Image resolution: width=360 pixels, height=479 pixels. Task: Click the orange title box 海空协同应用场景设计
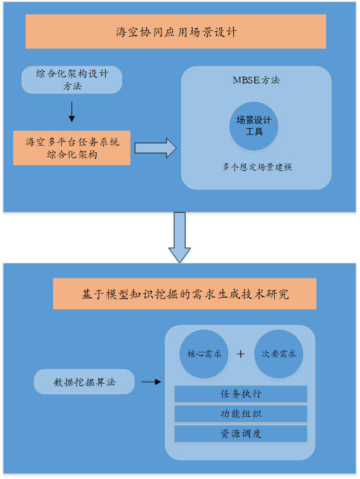click(176, 31)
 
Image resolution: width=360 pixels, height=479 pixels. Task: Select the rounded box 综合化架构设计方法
click(72, 80)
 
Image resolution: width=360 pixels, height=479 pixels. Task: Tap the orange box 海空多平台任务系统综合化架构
click(72, 148)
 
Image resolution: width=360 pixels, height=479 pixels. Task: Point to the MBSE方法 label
click(256, 80)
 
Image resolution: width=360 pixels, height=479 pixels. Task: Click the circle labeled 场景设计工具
click(254, 126)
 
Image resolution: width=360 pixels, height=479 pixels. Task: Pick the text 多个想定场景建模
click(257, 167)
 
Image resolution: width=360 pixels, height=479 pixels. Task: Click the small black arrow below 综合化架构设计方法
click(72, 112)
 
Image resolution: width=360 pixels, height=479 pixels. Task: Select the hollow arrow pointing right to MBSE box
click(156, 148)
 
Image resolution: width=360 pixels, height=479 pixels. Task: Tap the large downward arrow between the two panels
click(179, 237)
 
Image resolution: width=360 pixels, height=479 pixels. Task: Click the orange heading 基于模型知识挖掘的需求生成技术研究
click(185, 294)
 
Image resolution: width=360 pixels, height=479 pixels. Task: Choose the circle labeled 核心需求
click(204, 354)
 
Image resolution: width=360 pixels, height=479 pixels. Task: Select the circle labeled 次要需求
click(278, 354)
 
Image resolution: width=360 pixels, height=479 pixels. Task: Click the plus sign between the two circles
click(240, 354)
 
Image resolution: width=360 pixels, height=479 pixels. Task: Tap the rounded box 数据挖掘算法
click(84, 382)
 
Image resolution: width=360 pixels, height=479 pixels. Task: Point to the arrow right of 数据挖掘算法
click(151, 382)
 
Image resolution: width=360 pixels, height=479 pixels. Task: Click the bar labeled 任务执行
click(241, 394)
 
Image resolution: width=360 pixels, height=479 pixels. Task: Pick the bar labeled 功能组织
click(241, 414)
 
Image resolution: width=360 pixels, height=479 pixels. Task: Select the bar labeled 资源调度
click(241, 434)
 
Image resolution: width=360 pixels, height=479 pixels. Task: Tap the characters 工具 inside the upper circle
click(254, 132)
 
